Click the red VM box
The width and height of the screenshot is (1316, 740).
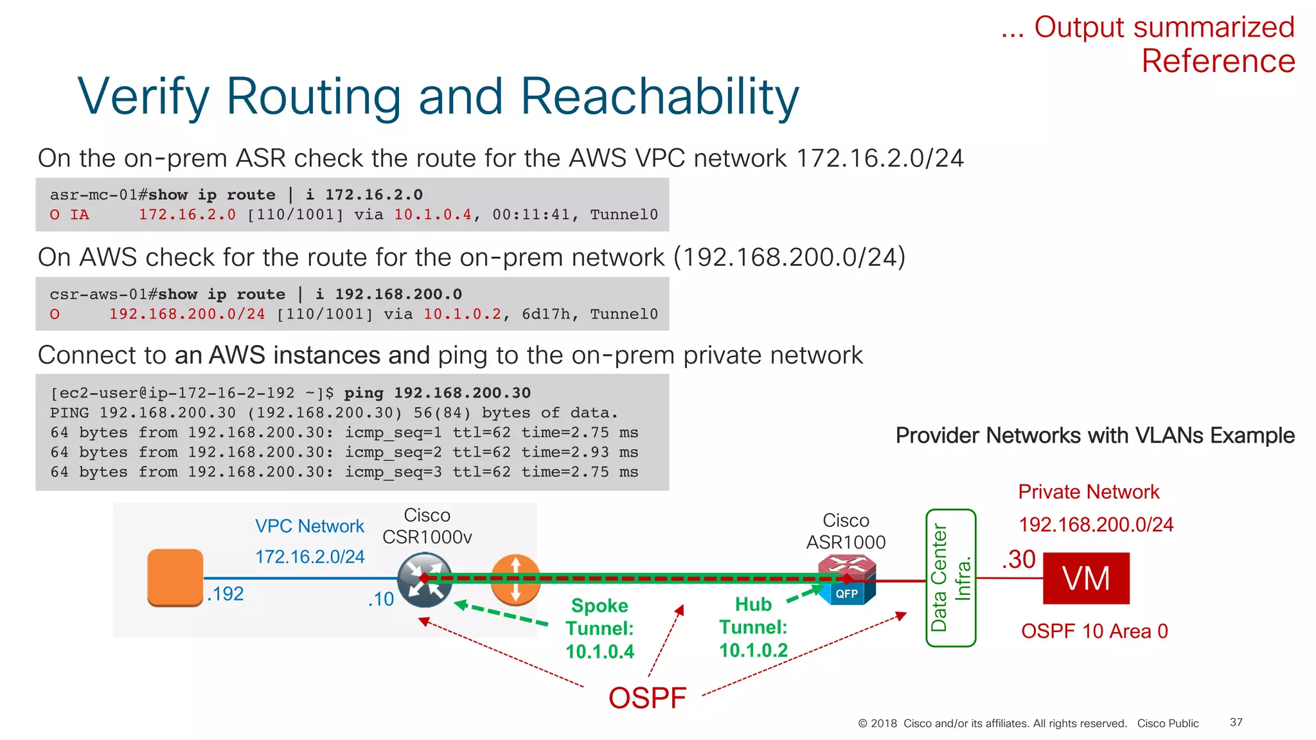[1085, 577]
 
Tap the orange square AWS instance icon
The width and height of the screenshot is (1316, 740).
[175, 577]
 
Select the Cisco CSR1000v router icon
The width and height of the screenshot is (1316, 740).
[424, 580]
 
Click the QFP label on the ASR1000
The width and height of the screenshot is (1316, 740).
[846, 594]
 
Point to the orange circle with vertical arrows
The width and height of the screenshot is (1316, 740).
[515, 580]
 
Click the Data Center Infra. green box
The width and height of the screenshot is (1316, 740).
[950, 577]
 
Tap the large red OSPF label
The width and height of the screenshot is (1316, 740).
[647, 698]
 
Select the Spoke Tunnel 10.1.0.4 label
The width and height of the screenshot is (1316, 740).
[600, 628]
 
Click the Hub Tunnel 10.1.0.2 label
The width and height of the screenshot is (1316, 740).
[753, 627]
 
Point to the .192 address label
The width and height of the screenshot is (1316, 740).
[226, 594]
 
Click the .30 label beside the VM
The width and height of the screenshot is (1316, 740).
[1018, 559]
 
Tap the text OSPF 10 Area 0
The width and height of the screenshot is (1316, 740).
[1094, 631]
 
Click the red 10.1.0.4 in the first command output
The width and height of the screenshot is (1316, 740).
[432, 215]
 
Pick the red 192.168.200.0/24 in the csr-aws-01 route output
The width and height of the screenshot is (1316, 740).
[187, 314]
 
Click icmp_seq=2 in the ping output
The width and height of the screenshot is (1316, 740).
[393, 452]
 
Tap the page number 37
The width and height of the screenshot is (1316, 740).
[1236, 722]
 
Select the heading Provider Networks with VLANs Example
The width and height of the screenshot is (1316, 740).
[1095, 436]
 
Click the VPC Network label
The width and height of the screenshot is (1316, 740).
[309, 526]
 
